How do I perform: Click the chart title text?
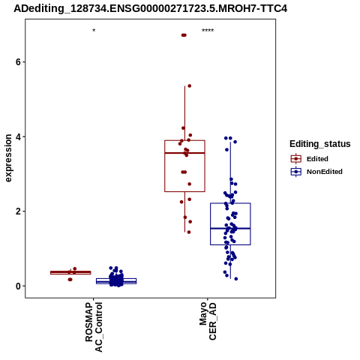tap(150, 8)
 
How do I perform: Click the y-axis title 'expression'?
tap(8, 158)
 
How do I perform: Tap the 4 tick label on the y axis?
tap(18, 136)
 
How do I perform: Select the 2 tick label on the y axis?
tap(18, 211)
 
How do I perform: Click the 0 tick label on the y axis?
tap(18, 286)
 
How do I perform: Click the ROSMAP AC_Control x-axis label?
tap(94, 327)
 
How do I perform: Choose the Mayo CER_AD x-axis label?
tap(208, 321)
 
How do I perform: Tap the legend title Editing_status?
tap(319, 144)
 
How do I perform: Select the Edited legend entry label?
tap(317, 159)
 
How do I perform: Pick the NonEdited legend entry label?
tap(325, 172)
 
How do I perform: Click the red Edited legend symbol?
tap(296, 159)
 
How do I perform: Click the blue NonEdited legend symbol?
tap(296, 172)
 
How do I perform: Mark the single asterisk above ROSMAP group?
tap(94, 31)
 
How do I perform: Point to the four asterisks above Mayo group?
tap(208, 31)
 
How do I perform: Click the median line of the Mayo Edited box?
tap(184, 153)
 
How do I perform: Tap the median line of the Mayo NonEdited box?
tap(230, 228)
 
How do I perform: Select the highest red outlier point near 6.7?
tap(184, 35)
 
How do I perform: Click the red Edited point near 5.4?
tap(190, 86)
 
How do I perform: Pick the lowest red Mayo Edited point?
tap(189, 232)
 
